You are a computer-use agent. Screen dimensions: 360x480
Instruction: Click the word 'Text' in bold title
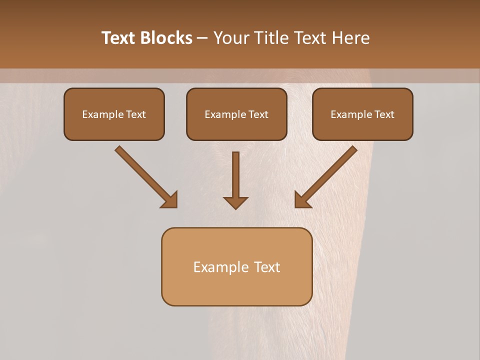pyautogui.click(x=119, y=38)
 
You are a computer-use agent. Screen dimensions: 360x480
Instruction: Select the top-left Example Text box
pyautogui.click(x=114, y=114)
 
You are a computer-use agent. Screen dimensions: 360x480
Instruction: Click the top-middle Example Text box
pyautogui.click(x=236, y=114)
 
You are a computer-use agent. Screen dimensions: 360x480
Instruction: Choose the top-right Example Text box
pyautogui.click(x=362, y=114)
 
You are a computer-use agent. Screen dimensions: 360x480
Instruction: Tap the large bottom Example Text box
pyautogui.click(x=236, y=266)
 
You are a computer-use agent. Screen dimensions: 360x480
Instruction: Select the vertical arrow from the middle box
pyautogui.click(x=235, y=175)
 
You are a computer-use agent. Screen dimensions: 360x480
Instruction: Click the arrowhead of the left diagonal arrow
pyautogui.click(x=170, y=200)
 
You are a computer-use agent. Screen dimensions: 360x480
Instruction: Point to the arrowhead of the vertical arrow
pyautogui.click(x=235, y=202)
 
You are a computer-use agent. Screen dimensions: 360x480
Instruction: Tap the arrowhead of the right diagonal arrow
pyautogui.click(x=302, y=200)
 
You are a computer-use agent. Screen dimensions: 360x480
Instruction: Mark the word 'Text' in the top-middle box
pyautogui.click(x=258, y=114)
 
